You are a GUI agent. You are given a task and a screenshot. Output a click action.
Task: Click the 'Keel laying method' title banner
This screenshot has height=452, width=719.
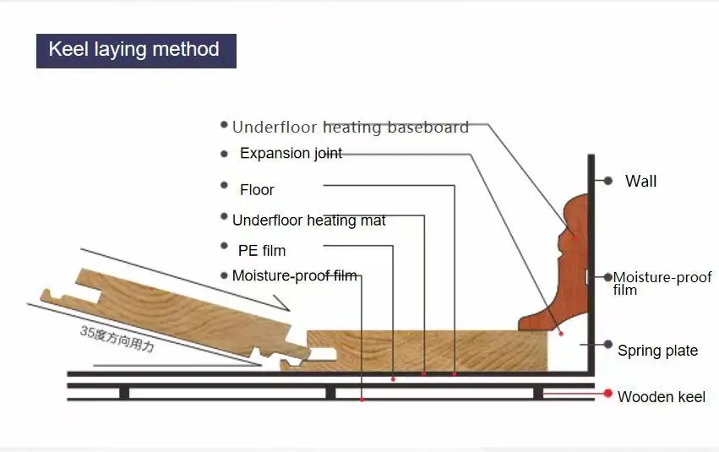point(135,50)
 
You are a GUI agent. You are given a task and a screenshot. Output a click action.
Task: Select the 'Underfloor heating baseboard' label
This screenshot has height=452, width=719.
point(350,128)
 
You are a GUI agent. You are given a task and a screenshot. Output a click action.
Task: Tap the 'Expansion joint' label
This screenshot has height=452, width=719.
point(291,154)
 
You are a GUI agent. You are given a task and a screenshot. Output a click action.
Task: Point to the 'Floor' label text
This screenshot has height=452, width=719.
point(257,190)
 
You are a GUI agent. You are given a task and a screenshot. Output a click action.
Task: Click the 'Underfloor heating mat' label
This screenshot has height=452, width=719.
point(308,221)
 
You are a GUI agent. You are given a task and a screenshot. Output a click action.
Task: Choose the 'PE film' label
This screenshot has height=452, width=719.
point(262,251)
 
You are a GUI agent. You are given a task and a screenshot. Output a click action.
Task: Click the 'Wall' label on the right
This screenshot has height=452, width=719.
point(640,182)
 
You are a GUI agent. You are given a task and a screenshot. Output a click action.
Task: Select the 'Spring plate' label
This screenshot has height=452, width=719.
point(657,351)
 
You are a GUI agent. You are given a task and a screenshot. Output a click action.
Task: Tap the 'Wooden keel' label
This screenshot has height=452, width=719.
point(661,397)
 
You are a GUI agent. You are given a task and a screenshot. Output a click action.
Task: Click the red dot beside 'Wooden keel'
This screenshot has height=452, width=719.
point(607,394)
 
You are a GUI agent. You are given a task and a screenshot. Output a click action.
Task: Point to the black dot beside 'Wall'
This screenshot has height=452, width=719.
point(607,181)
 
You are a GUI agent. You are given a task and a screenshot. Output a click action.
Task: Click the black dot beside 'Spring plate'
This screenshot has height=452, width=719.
point(607,345)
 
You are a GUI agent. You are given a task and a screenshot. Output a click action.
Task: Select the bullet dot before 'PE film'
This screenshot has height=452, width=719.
point(225,246)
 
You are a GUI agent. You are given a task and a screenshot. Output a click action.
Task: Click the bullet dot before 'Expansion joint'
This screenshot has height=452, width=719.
point(224,154)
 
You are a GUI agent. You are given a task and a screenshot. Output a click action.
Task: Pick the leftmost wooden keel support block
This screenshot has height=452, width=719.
point(124,392)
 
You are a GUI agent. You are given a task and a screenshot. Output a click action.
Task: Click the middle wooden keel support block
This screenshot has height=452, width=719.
point(330,392)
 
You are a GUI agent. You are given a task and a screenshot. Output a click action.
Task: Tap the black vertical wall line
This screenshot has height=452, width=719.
point(591,253)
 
